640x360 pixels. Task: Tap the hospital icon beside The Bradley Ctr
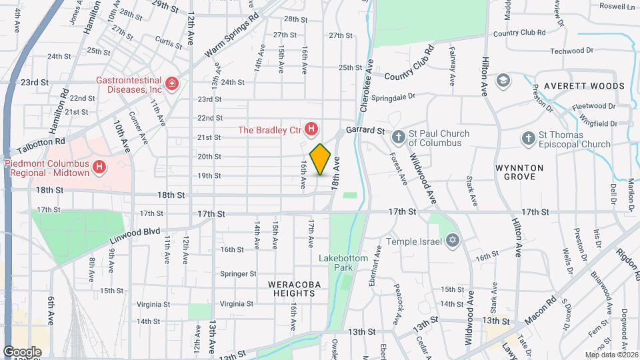point(311,129)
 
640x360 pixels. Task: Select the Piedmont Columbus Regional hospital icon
point(100,166)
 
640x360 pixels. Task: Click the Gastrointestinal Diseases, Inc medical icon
point(172,83)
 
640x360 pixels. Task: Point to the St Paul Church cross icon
point(398,138)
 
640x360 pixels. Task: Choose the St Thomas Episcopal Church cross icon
point(528,139)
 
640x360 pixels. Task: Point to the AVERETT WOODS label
point(584,86)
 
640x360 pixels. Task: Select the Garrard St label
point(365,131)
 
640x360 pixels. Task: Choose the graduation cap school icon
point(504,81)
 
